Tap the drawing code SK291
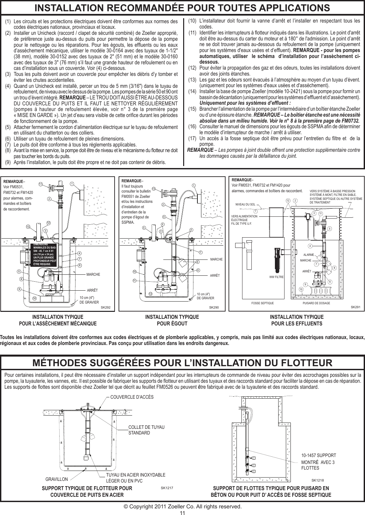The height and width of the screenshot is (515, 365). tap(355, 307)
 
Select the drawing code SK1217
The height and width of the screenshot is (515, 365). tap(167, 488)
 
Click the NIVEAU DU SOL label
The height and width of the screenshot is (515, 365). tap(245, 205)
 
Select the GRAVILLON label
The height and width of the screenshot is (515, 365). tap(57, 479)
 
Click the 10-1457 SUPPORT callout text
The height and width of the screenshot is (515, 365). tap(319, 455)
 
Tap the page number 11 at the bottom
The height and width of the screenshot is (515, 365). tap(182, 512)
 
